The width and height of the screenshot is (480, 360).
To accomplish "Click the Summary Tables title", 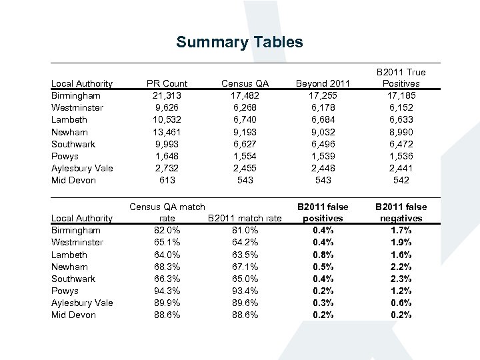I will coord(239,43).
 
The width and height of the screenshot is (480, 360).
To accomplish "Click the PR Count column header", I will coord(167,83).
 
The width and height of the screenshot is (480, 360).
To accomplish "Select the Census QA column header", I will coord(246,83).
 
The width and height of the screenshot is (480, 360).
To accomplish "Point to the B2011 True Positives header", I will coord(401,78).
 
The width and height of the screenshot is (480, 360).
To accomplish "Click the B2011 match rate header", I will coord(245,218).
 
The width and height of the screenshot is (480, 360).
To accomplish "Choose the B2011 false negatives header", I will coord(402,213).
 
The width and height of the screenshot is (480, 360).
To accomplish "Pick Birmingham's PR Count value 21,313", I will coord(167,95).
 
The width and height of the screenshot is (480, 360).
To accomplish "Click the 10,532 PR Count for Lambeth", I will coord(167,119).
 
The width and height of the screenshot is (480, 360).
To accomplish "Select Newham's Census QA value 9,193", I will coord(246,132).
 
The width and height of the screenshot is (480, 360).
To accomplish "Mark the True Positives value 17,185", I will coord(401,95).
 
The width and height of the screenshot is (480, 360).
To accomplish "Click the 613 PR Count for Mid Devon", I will coord(167,180).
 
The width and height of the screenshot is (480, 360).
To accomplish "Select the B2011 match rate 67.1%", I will coord(245,267).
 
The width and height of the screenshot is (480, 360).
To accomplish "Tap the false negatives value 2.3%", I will coord(402,279).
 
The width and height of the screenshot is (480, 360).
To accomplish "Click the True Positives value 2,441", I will coord(401,168).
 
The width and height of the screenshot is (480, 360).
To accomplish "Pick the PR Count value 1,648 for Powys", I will coord(167,156).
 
